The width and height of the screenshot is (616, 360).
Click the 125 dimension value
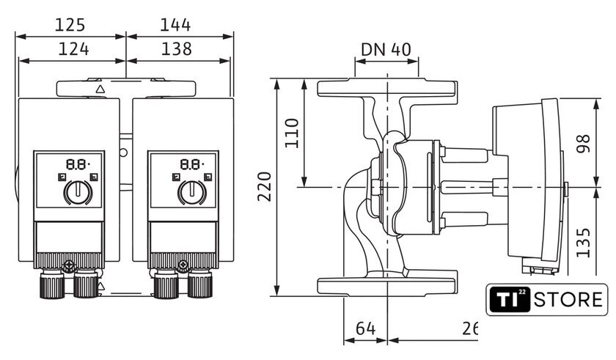(70, 25)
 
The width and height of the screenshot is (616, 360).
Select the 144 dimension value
(175, 25)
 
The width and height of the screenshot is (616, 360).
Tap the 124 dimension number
(73, 49)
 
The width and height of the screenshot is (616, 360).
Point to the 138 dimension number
(177, 49)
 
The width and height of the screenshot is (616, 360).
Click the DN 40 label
(386, 50)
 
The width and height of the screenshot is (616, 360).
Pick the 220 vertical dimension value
(265, 186)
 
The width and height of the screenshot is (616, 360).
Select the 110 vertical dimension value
(292, 133)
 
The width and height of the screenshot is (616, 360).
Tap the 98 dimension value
(584, 143)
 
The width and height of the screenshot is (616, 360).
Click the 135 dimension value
(584, 243)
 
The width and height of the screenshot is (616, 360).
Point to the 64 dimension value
(366, 328)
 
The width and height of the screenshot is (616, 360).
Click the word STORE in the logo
(568, 300)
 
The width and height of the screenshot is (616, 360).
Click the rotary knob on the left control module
(78, 192)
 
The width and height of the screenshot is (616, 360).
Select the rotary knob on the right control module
(192, 192)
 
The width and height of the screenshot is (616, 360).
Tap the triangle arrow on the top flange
(100, 89)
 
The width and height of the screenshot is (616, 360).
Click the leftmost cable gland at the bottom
(52, 284)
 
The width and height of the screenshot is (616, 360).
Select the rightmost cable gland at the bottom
(200, 284)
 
